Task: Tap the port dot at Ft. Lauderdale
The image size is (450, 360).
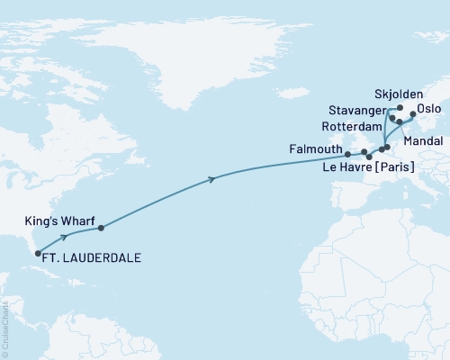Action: (38, 254)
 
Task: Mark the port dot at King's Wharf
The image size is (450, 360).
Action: (100, 228)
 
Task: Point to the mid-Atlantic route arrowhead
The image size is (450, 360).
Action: (211, 180)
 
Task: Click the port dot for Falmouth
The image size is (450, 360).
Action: (347, 155)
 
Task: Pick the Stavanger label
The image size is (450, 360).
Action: (353, 112)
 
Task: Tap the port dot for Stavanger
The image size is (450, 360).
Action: (392, 117)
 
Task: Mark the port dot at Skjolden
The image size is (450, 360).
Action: (400, 107)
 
